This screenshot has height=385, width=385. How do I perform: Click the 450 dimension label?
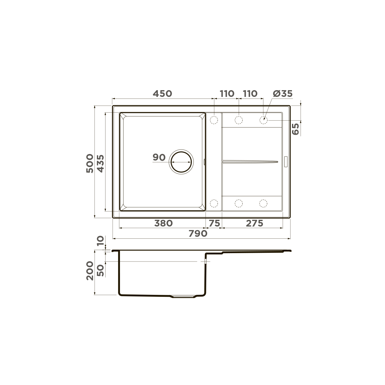click(x=162, y=93)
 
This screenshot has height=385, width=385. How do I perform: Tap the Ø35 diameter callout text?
click(x=283, y=93)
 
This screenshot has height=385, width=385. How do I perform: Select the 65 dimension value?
click(x=295, y=129)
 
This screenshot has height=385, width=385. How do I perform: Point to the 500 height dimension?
click(x=90, y=163)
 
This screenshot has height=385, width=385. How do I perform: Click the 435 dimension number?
click(x=100, y=164)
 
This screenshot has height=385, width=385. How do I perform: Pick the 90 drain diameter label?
click(x=159, y=158)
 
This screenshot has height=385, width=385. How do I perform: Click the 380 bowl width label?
click(x=163, y=223)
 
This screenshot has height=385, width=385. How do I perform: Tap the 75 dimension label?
click(x=214, y=223)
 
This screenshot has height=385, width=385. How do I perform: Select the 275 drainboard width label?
click(x=254, y=223)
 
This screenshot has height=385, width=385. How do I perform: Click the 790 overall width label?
click(x=198, y=233)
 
